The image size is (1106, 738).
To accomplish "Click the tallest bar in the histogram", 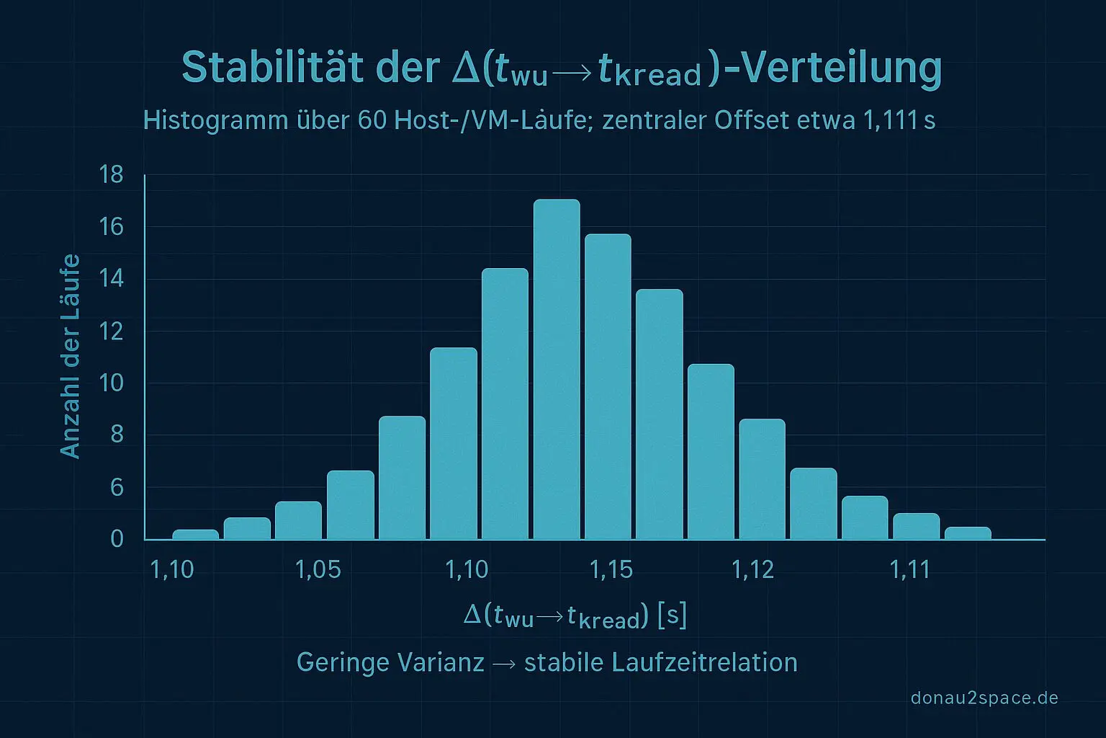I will pyautogui.click(x=557, y=369).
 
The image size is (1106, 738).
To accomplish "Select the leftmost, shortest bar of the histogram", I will pyautogui.click(x=195, y=534).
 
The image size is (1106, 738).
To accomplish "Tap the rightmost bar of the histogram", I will pyautogui.click(x=968, y=533).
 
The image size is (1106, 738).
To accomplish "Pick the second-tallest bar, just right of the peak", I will pyautogui.click(x=608, y=386).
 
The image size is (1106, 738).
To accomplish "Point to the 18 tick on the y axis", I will pyautogui.click(x=112, y=174).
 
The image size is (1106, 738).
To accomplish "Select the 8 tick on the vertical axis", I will pyautogui.click(x=117, y=435).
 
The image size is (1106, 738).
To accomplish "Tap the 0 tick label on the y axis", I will pyautogui.click(x=117, y=539).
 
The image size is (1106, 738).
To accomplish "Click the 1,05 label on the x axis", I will pyautogui.click(x=318, y=570).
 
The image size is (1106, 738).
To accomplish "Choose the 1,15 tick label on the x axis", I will pyautogui.click(x=611, y=570).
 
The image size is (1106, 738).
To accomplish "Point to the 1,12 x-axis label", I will pyautogui.click(x=752, y=570).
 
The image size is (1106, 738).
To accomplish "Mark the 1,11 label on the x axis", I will pyautogui.click(x=909, y=570).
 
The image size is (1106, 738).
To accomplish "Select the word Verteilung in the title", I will pyautogui.click(x=840, y=68).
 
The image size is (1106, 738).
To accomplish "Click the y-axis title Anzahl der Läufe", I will pyautogui.click(x=70, y=356).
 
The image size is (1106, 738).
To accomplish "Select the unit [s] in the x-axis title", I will pyautogui.click(x=672, y=616).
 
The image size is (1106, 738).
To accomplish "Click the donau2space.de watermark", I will pyautogui.click(x=984, y=698).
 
